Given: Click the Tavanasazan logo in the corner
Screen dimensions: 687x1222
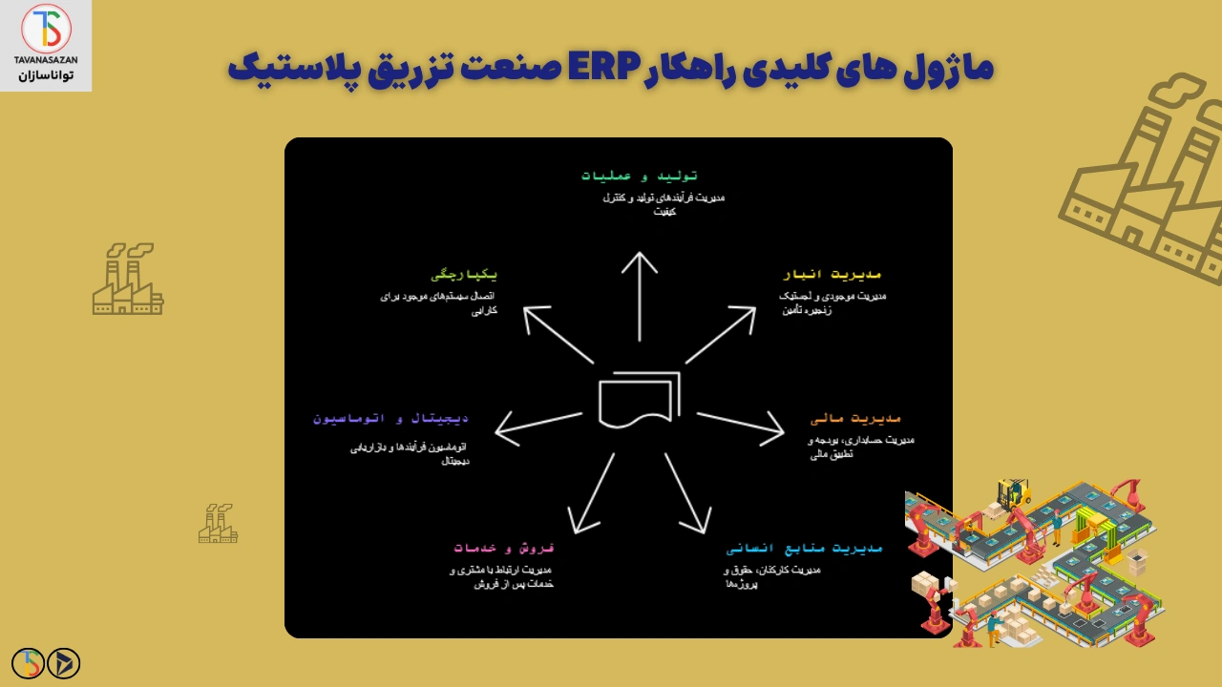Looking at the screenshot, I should (x=46, y=44).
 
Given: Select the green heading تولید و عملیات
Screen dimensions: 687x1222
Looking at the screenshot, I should (x=640, y=176).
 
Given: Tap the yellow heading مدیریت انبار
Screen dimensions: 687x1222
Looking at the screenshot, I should (x=831, y=275).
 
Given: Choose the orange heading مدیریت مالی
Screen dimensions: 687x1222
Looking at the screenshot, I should (x=855, y=418).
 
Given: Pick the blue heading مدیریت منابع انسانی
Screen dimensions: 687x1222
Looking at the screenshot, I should (x=804, y=549).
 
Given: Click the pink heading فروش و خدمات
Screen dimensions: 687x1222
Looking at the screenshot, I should (x=503, y=548).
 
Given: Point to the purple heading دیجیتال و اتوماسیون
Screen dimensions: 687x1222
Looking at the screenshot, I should (x=390, y=418).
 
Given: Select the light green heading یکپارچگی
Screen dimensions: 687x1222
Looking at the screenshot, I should (x=464, y=275).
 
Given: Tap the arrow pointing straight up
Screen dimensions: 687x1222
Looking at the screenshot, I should (x=640, y=296).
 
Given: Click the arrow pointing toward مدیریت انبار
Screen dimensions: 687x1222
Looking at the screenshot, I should (x=721, y=335).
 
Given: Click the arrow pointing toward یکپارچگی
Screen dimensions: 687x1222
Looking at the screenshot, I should (x=558, y=335).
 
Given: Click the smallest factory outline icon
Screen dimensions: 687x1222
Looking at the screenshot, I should (x=218, y=524).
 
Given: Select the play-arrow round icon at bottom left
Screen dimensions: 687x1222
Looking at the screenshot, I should (x=64, y=663).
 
